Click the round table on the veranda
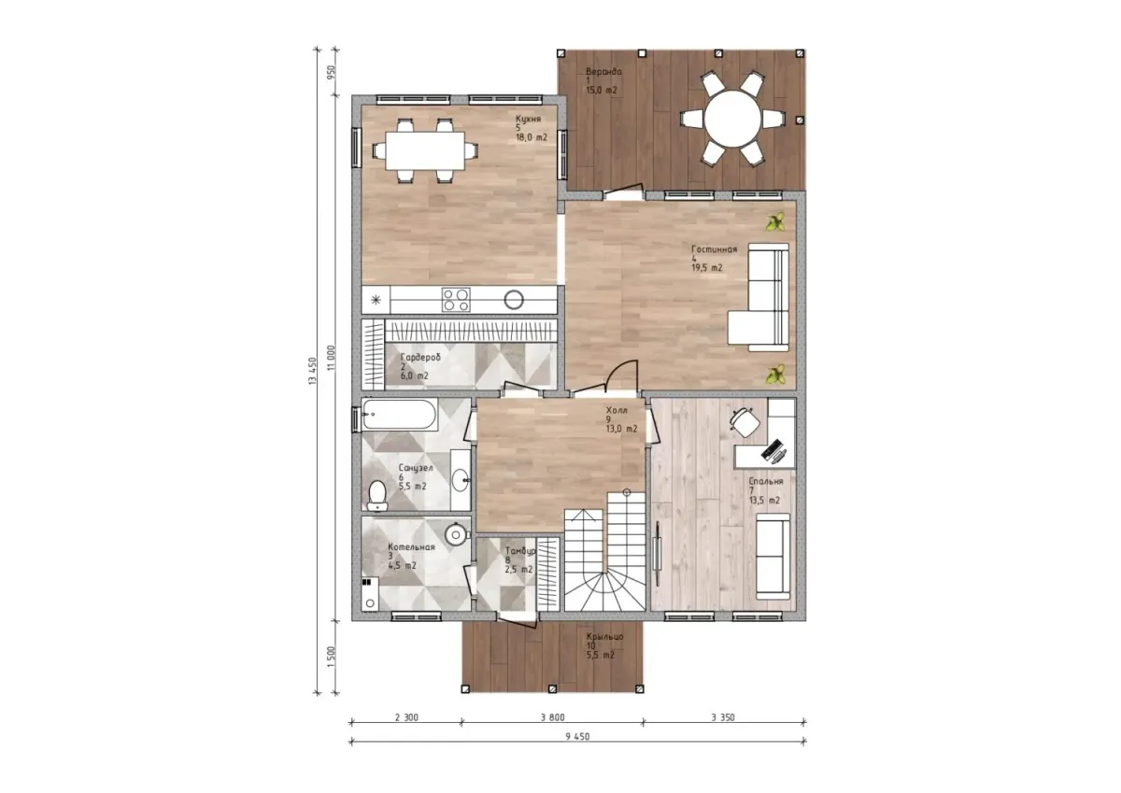(x=732, y=119)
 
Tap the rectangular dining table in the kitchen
(x=425, y=150)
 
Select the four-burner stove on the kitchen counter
(x=456, y=300)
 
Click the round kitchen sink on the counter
(x=514, y=300)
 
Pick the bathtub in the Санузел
(x=400, y=415)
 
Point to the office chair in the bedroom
(x=745, y=422)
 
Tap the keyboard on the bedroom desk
(x=772, y=448)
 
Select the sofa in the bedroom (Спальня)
(x=773, y=557)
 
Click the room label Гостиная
(x=714, y=249)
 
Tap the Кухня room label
(x=529, y=119)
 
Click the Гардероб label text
(x=420, y=357)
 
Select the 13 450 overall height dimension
(x=313, y=371)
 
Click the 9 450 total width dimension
(x=577, y=736)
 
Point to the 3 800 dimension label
(x=552, y=717)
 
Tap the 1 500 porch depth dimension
(x=332, y=657)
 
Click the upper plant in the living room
(x=775, y=221)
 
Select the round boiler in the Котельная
(x=456, y=535)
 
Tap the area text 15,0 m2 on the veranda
(x=602, y=91)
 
